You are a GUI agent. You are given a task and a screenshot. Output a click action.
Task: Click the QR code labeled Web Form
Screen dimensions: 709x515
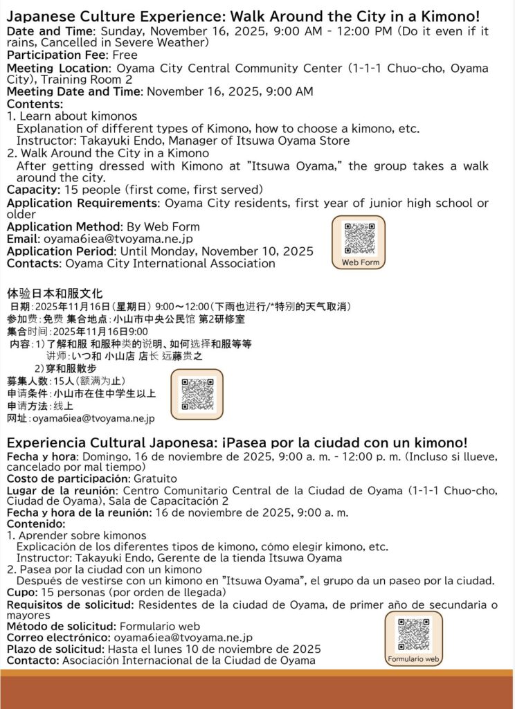(360, 239)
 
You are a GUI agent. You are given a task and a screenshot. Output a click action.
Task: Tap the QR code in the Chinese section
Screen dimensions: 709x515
(197, 393)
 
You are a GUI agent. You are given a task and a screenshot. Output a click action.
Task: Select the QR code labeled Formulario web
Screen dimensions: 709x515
(414, 634)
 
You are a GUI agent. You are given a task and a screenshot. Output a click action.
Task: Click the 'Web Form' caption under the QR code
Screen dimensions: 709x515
(360, 263)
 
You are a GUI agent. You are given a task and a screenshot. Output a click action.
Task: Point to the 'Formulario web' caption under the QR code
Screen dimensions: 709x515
(414, 659)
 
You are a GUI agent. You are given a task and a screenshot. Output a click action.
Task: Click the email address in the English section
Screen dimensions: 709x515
(118, 238)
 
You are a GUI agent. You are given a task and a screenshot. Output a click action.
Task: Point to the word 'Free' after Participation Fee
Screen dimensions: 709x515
(125, 55)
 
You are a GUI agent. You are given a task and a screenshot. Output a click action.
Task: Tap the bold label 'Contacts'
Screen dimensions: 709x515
(34, 263)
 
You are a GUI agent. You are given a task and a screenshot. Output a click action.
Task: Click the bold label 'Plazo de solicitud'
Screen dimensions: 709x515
(55, 649)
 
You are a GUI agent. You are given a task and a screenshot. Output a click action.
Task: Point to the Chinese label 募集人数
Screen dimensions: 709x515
(27, 381)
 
